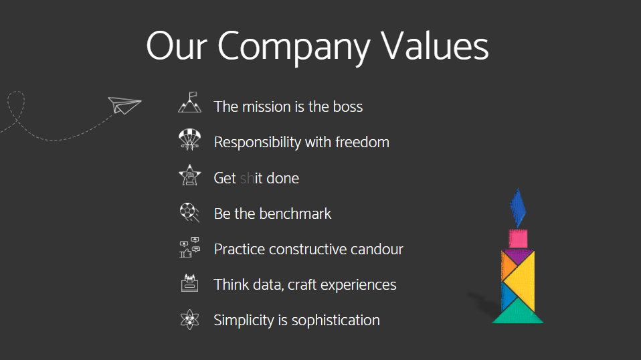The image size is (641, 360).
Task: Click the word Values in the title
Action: click(434, 46)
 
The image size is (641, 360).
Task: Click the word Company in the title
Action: click(294, 48)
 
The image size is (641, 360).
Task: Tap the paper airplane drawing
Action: click(124, 105)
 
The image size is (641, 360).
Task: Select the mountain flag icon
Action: click(189, 102)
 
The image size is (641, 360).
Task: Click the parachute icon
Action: click(189, 139)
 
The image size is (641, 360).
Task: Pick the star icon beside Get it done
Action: click(189, 175)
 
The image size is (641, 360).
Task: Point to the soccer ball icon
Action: click(189, 212)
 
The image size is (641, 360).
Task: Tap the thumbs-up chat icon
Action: click(189, 247)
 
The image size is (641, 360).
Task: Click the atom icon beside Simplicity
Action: click(189, 319)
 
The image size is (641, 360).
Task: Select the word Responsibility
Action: click(258, 143)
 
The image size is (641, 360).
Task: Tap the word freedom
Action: click(362, 143)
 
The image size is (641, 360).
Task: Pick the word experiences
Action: click(358, 285)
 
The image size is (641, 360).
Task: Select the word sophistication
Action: click(336, 321)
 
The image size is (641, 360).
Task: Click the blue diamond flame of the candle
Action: click(517, 207)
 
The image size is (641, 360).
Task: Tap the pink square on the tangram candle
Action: click(518, 238)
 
